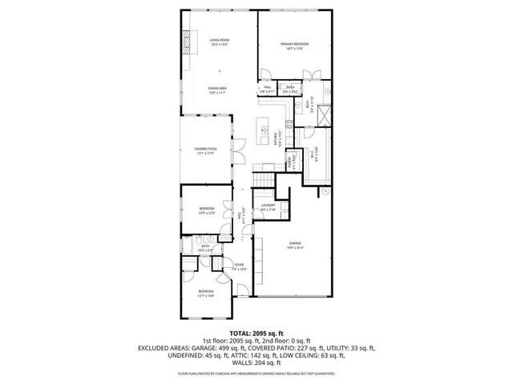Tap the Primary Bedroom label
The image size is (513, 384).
(x=294, y=46)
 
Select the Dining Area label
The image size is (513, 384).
(x=216, y=90)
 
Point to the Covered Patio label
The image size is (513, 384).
(x=205, y=150)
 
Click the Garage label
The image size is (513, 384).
(x=296, y=246)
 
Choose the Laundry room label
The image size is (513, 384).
(x=268, y=207)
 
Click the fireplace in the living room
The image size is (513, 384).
(x=189, y=42)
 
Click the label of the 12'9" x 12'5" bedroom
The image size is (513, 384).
(x=207, y=210)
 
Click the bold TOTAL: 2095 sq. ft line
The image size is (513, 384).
(x=256, y=333)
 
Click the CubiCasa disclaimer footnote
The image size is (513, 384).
(x=256, y=373)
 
